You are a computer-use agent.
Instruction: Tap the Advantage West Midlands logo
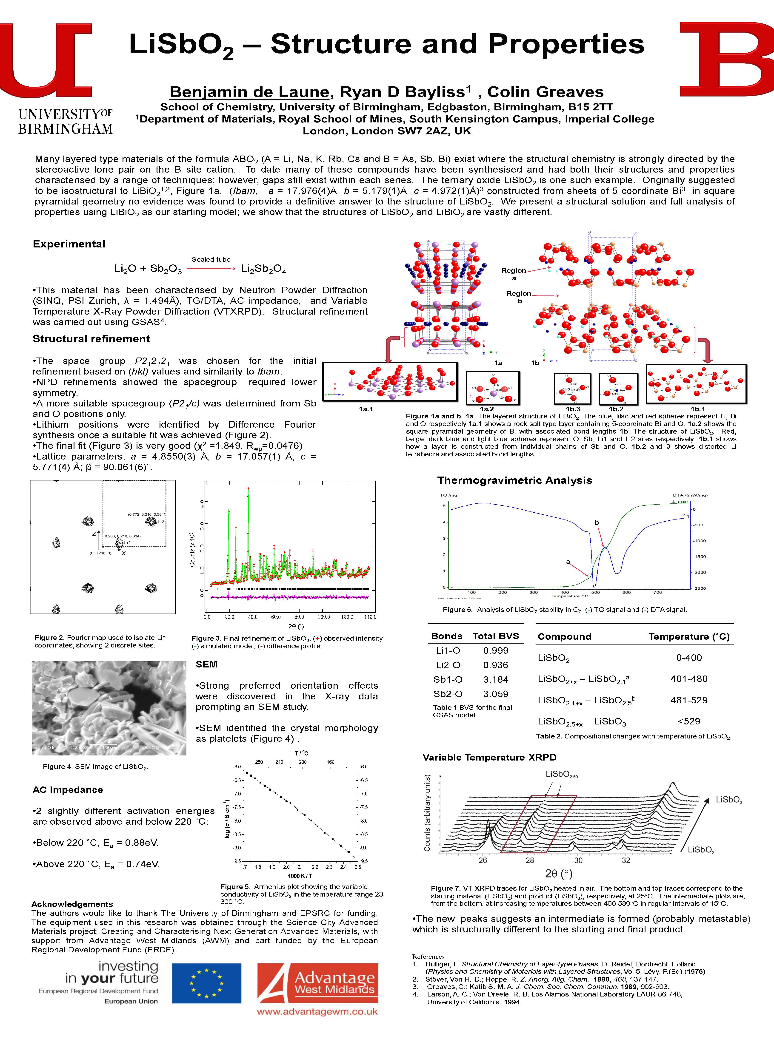coord(317,983)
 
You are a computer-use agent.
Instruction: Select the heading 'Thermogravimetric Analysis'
coord(514,480)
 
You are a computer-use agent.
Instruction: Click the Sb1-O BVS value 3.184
coord(496,679)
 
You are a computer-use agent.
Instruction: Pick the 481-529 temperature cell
coord(689,700)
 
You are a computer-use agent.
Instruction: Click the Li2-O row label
coord(448,665)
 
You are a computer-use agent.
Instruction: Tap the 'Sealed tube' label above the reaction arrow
coord(211,259)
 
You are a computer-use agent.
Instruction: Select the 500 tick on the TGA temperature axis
coord(595,592)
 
